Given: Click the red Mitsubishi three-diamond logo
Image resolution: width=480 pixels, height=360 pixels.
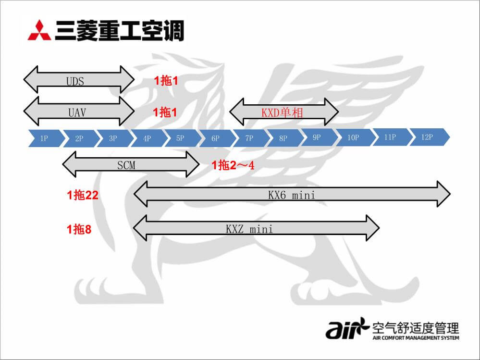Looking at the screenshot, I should [40, 30].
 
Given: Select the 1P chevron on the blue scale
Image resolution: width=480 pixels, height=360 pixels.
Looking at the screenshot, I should [44, 138].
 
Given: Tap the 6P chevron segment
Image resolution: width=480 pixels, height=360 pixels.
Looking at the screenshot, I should [215, 138].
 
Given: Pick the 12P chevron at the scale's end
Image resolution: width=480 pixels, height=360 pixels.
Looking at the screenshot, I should [428, 137].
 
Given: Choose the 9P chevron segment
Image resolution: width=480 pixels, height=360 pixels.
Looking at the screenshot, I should [317, 137].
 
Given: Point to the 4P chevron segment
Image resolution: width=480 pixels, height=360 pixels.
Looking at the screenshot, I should [147, 138].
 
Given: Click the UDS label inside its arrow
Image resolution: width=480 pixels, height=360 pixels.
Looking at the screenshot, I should [75, 81].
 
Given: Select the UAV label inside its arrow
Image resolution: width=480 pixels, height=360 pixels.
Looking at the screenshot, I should [77, 112].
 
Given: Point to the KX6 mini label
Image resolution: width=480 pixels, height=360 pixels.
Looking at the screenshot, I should [292, 195].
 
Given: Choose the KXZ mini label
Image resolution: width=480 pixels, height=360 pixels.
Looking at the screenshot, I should [249, 229].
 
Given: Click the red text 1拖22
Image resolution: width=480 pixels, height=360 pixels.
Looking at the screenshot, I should [83, 195].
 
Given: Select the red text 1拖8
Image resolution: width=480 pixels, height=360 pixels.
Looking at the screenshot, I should [79, 229].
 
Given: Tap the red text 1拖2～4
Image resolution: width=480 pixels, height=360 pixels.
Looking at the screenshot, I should [233, 166].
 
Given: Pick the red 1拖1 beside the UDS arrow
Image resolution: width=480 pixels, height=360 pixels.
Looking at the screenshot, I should [166, 81].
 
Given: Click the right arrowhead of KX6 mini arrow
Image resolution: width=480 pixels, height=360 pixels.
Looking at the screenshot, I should [443, 194].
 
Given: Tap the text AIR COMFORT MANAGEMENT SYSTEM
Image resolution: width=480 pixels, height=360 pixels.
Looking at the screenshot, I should [416, 338].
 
